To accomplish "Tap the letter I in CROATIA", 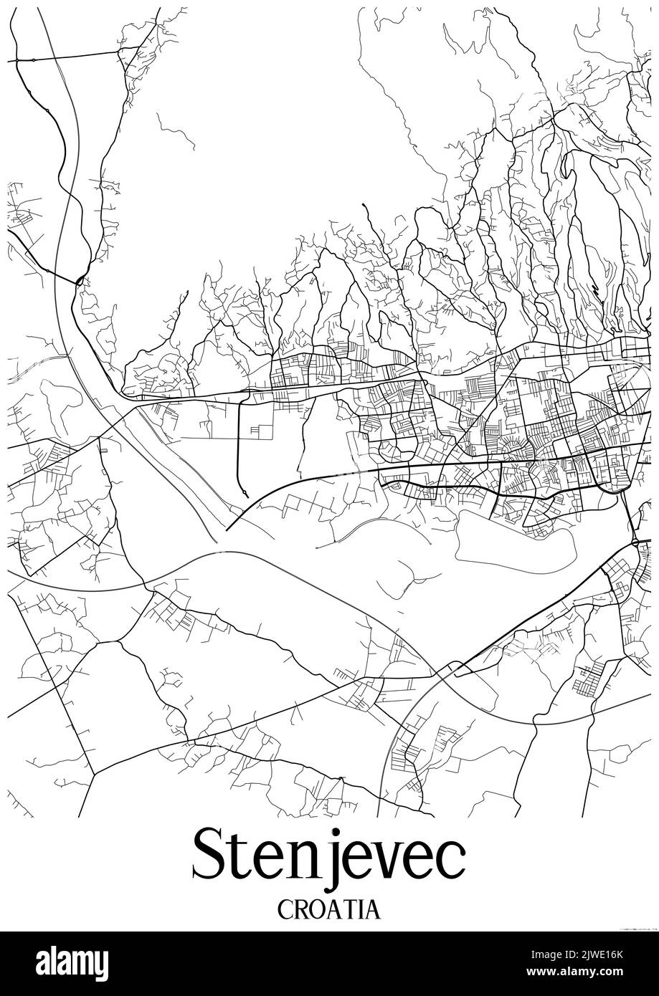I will coord(361,910).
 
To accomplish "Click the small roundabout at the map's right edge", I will coord(635,542).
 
